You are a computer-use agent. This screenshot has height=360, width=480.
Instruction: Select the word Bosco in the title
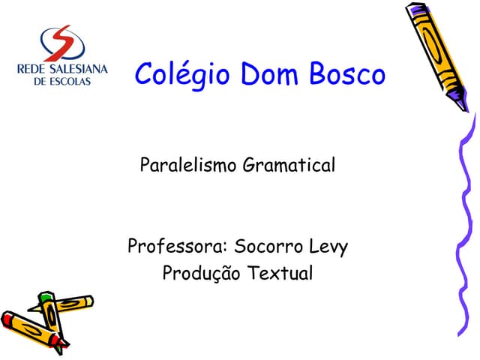click(x=349, y=74)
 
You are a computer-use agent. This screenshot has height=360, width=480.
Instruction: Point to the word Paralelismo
click(x=188, y=164)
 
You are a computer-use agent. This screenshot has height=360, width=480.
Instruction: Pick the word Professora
click(x=177, y=247)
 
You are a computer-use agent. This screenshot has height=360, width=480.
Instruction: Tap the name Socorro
click(x=266, y=247)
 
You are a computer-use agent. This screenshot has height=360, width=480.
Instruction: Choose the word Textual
click(x=278, y=273)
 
